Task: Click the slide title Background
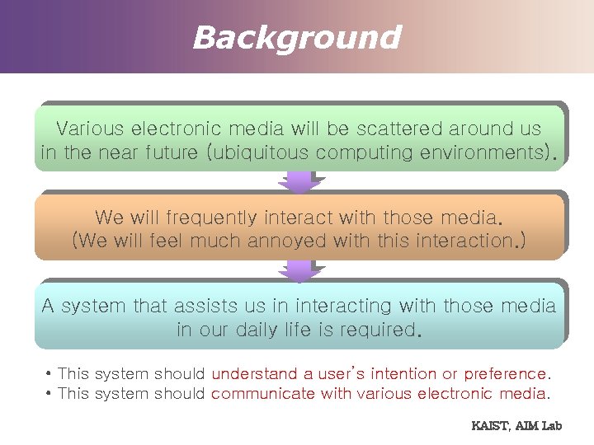296,38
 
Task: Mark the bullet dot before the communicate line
50,394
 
